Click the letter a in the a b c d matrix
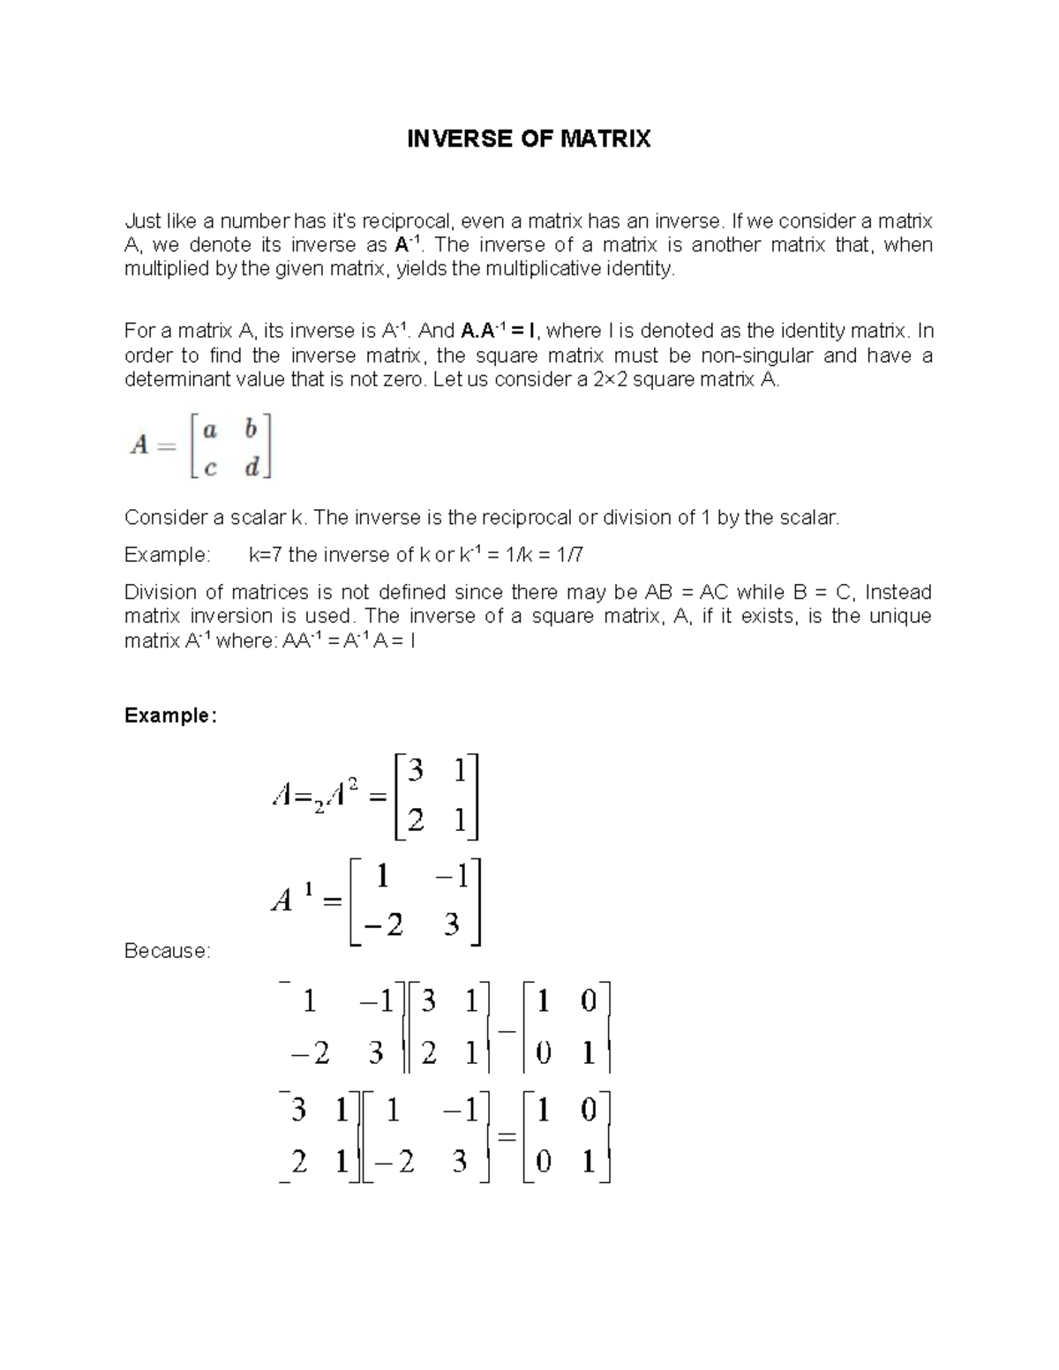click(209, 430)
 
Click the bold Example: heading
click(169, 715)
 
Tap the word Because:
click(168, 951)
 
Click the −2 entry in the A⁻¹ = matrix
click(382, 925)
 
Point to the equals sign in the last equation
click(506, 1138)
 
